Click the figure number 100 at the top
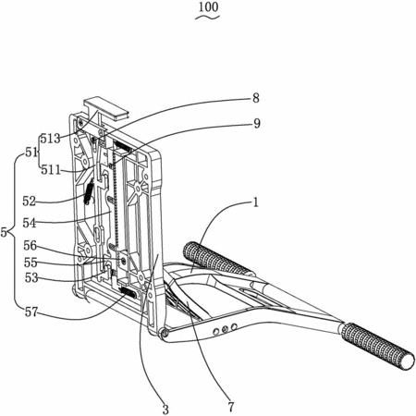tap(208, 7)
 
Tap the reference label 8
tap(256, 98)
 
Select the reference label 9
tap(257, 123)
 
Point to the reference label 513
tap(51, 139)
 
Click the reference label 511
tap(51, 170)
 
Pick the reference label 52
tap(30, 202)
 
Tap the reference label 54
tap(30, 223)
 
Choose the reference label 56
tap(31, 246)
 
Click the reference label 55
tap(31, 263)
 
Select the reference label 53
tap(31, 277)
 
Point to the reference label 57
tap(31, 312)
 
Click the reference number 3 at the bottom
tap(165, 410)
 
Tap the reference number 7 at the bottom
tap(231, 407)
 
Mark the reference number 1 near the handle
tap(255, 202)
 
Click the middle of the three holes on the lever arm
tap(226, 328)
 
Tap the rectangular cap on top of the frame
tap(105, 109)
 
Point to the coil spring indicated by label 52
tap(89, 192)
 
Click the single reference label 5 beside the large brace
tap(4, 232)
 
